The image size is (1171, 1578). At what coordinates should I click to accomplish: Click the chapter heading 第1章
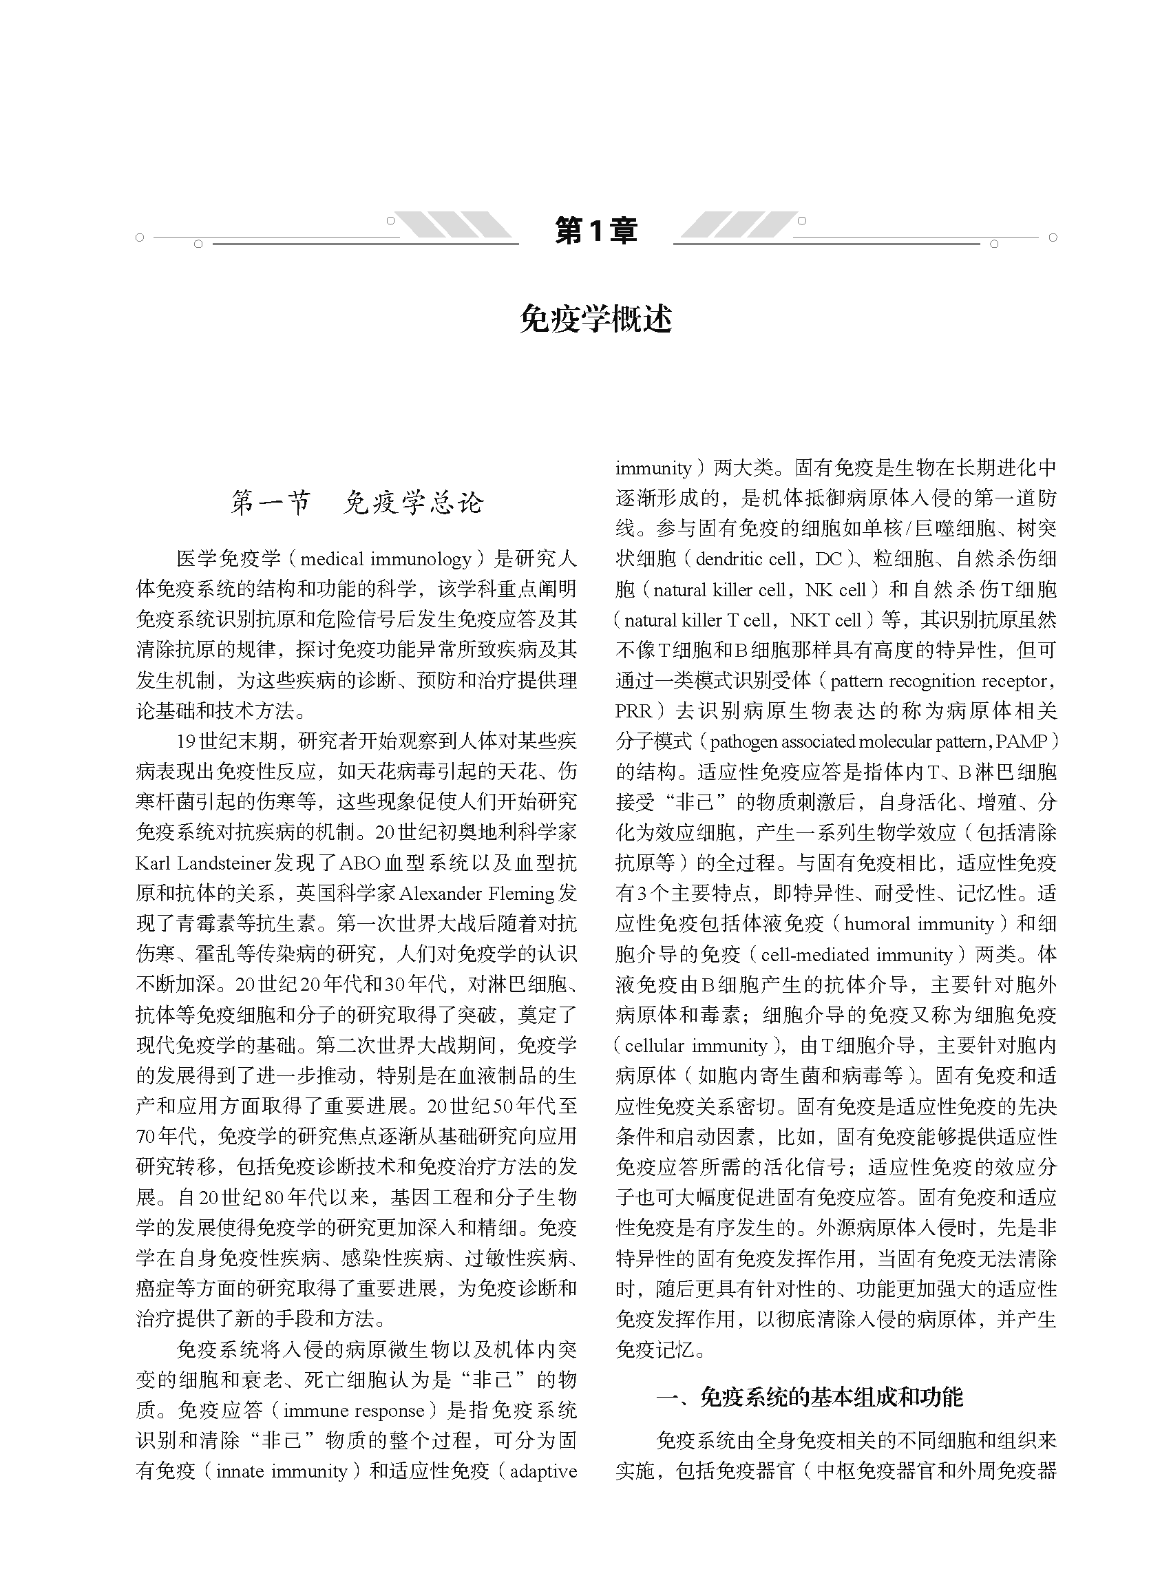(595, 231)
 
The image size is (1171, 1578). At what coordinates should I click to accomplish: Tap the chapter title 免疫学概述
(595, 319)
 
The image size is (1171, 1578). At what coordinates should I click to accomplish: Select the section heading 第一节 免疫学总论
(357, 503)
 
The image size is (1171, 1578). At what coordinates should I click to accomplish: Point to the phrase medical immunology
(386, 559)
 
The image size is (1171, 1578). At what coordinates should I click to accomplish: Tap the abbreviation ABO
(360, 863)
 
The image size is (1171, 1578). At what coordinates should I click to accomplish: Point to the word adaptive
(544, 1472)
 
